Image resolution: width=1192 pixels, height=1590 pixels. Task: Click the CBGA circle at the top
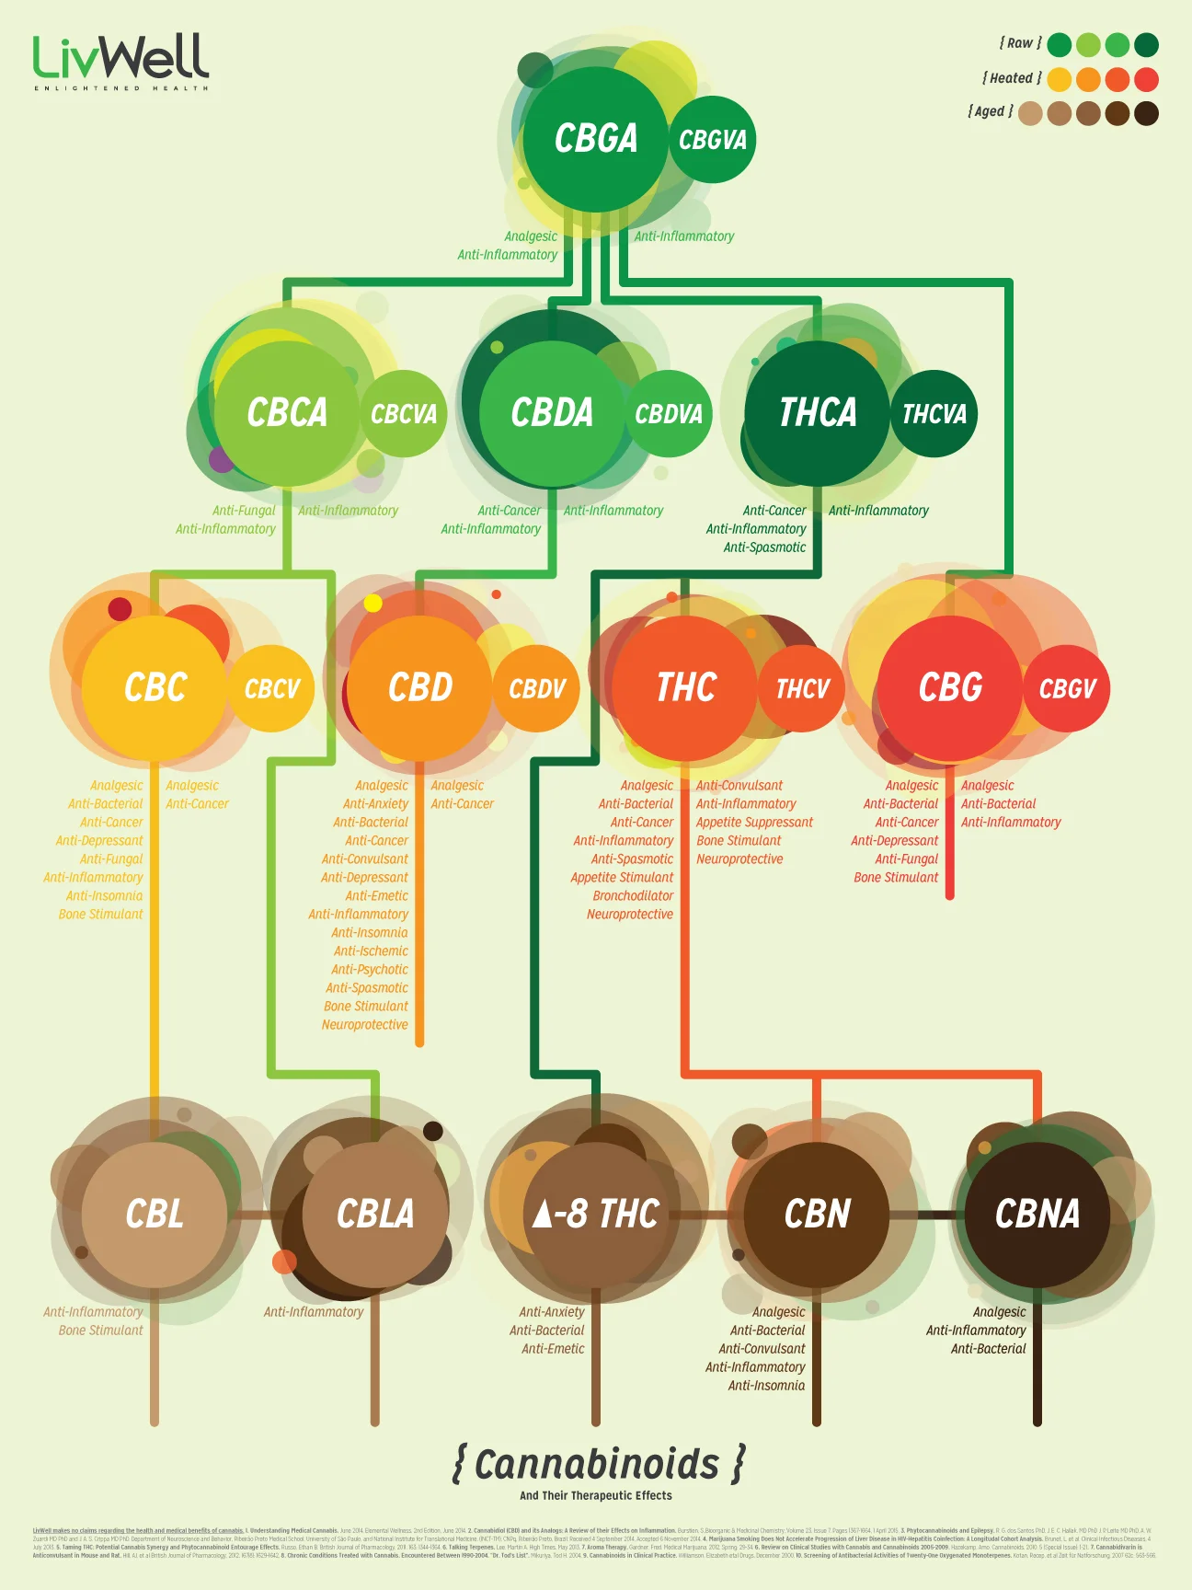point(595,139)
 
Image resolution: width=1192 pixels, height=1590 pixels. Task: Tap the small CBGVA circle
point(712,140)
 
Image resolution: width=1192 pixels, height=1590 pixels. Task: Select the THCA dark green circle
point(817,412)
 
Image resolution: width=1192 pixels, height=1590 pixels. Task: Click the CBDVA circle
point(669,414)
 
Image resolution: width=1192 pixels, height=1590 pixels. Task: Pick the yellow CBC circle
point(155,687)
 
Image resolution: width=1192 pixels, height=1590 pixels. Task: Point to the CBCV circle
point(271,688)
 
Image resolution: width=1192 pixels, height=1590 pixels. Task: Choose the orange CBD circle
point(419,687)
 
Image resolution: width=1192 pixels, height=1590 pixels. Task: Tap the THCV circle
point(801,688)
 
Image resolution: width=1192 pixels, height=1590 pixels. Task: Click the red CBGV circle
point(1067,688)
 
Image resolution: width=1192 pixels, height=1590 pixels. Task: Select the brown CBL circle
point(155,1214)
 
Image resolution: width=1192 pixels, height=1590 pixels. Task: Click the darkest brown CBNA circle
point(1037,1214)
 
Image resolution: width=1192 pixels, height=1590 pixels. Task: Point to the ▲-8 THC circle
point(596,1214)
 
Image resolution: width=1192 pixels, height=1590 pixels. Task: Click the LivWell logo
point(120,61)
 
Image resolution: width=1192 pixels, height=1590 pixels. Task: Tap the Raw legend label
point(1020,43)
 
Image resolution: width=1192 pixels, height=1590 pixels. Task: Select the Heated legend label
point(1012,78)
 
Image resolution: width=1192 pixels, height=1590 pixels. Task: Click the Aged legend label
point(991,111)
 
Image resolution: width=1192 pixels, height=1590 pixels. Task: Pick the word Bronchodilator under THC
point(633,895)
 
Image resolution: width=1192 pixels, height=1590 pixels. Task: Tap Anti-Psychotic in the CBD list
point(369,969)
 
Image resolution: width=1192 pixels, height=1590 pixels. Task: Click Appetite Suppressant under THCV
point(754,822)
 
